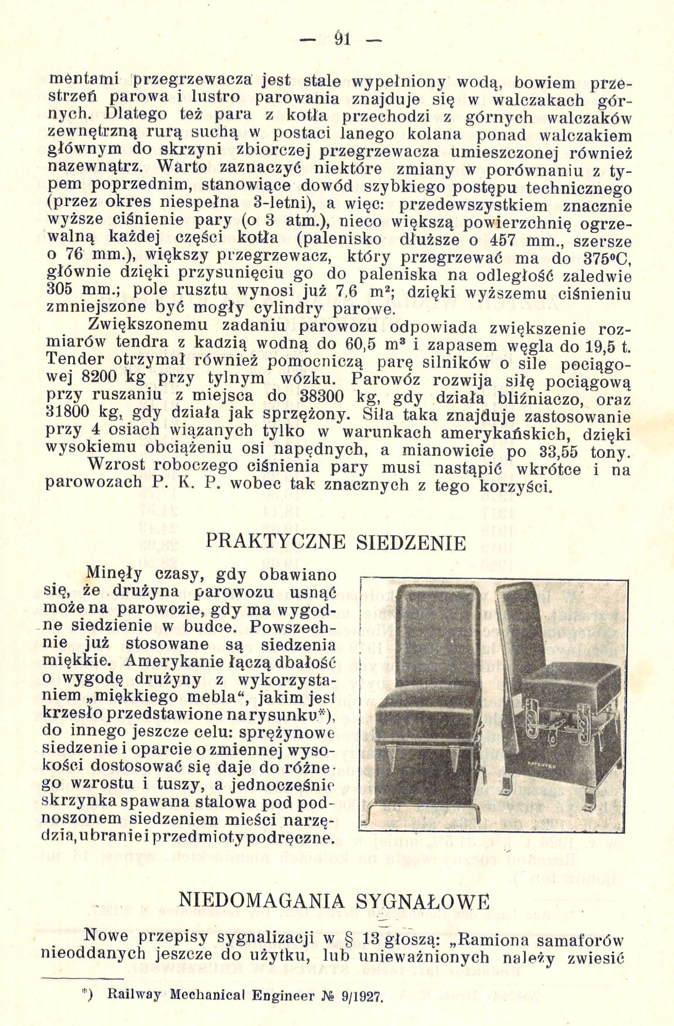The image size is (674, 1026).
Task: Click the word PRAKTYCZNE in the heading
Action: point(275,541)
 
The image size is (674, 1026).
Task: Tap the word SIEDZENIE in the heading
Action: point(411,542)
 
